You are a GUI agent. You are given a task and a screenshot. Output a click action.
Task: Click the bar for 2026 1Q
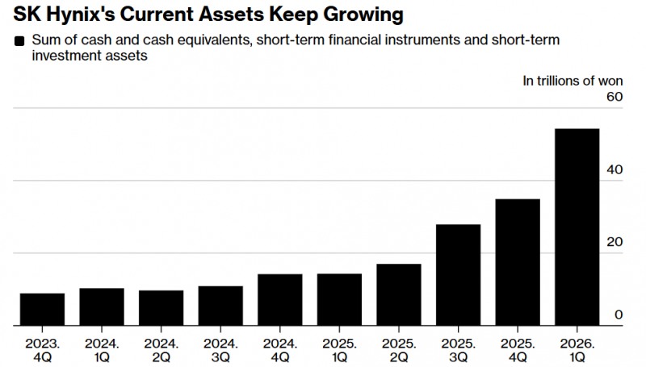(x=577, y=227)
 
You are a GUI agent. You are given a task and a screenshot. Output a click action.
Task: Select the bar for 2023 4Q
(x=43, y=310)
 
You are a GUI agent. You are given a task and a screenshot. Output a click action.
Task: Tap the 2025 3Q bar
(x=458, y=275)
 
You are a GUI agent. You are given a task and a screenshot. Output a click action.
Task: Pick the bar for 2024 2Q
(x=161, y=308)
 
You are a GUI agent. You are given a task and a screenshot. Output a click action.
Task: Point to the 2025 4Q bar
(x=518, y=262)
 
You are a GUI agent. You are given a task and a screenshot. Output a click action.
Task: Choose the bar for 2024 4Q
(x=280, y=300)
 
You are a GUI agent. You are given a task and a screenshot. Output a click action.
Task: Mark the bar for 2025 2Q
(x=399, y=294)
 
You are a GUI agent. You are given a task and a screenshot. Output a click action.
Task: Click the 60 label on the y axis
(x=615, y=97)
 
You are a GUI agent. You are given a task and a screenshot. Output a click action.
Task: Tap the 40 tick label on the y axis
(x=615, y=169)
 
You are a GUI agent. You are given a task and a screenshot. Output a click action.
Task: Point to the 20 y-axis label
(x=615, y=242)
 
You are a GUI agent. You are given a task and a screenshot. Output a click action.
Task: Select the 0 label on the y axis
(x=619, y=315)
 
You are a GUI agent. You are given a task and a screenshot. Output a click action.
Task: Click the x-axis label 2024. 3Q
(x=220, y=350)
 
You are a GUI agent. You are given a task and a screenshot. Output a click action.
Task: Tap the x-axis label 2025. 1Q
(x=339, y=350)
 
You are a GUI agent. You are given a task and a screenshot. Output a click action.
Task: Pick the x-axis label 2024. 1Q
(x=102, y=350)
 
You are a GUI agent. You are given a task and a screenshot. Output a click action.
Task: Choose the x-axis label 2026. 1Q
(x=577, y=350)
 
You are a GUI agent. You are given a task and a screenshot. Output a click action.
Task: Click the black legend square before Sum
(x=19, y=40)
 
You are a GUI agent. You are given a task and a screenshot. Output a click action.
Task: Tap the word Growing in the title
(x=363, y=15)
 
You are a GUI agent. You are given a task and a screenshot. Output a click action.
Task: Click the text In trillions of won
(x=573, y=81)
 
